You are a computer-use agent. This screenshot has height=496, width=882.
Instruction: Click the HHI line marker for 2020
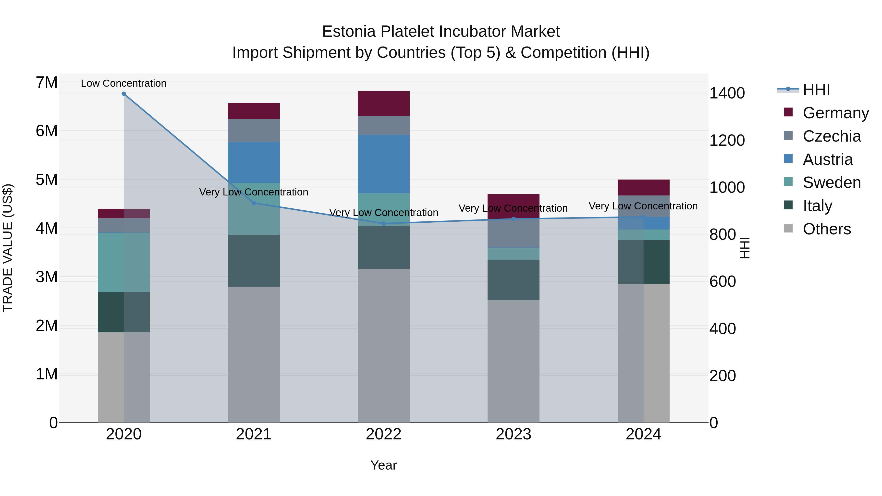click(124, 94)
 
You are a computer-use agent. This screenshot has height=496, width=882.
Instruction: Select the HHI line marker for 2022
click(383, 224)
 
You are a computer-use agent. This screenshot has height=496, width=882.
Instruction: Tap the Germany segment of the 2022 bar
click(383, 103)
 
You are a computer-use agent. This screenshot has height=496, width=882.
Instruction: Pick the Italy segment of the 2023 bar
click(513, 280)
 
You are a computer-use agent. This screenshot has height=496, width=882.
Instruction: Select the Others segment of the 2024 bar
click(643, 352)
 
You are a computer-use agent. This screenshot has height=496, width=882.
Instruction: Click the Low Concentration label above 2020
click(124, 83)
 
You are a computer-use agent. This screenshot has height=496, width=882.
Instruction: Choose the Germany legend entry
click(835, 113)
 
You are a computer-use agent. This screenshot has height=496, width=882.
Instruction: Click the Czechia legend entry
click(831, 136)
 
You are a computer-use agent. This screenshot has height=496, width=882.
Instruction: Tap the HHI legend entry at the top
click(816, 90)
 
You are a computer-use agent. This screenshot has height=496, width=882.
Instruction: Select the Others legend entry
click(827, 229)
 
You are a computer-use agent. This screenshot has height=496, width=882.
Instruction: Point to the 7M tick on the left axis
click(47, 83)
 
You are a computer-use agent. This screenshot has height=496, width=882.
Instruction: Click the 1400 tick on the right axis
click(727, 93)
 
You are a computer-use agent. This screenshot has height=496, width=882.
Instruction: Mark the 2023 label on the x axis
click(513, 434)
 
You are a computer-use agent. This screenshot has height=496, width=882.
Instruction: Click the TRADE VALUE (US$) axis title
click(8, 248)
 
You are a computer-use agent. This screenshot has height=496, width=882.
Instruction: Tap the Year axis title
click(383, 465)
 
